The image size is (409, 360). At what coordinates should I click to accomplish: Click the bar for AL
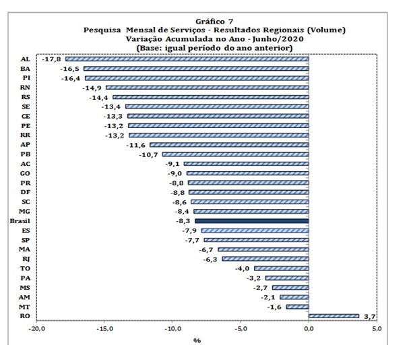pyautogui.click(x=187, y=59)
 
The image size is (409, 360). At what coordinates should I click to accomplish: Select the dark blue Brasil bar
pyautogui.click(x=251, y=220)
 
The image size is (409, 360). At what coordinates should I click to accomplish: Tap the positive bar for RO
pyautogui.click(x=334, y=316)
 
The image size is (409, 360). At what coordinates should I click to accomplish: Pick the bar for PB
pyautogui.click(x=235, y=154)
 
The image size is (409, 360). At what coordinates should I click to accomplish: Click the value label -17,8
pyautogui.click(x=52, y=59)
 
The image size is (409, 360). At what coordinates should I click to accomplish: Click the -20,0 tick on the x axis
pyautogui.click(x=36, y=328)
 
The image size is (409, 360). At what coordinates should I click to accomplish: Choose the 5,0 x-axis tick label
pyautogui.click(x=377, y=328)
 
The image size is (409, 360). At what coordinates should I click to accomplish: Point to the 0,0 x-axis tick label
pyautogui.click(x=309, y=328)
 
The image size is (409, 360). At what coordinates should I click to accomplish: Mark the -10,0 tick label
pyautogui.click(x=172, y=328)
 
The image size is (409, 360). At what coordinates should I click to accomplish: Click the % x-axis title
pyautogui.click(x=197, y=340)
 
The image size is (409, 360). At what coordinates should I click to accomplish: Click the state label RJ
pyautogui.click(x=25, y=258)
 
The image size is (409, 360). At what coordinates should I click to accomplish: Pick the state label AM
pyautogui.click(x=24, y=297)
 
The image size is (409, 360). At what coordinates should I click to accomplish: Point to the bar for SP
pyautogui.click(x=256, y=239)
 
